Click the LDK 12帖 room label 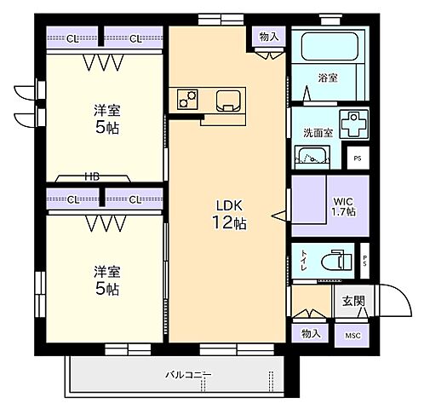click(229, 215)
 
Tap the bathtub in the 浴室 click(329, 46)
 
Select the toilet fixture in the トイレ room click(336, 260)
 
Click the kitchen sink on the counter click(228, 101)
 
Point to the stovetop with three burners click(187, 99)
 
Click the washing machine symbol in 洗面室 click(353, 124)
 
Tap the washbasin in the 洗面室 click(312, 157)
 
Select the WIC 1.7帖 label click(344, 206)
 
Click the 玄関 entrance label click(353, 301)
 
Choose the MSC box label click(352, 336)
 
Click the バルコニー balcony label click(188, 375)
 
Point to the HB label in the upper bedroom click(93, 176)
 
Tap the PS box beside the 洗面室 click(358, 158)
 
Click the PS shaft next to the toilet click(365, 261)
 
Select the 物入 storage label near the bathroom click(269, 37)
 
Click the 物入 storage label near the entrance click(311, 333)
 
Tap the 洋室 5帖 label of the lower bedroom click(107, 280)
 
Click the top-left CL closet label click(72, 39)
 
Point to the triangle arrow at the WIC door click(278, 216)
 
